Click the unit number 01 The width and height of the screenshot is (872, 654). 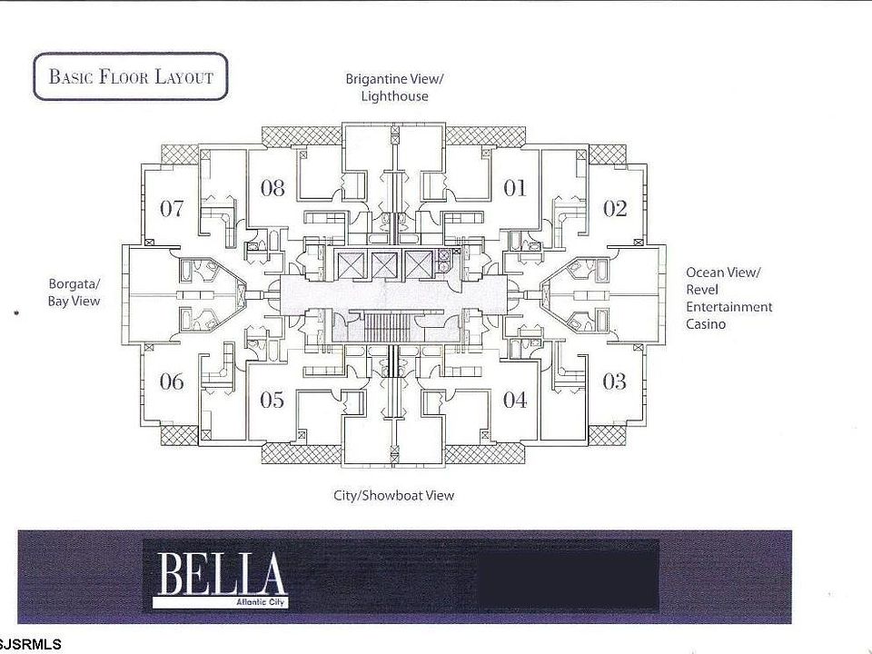point(515,188)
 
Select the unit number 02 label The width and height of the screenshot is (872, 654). point(615,208)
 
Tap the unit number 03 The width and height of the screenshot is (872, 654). point(615,381)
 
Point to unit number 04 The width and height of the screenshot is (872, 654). point(515,400)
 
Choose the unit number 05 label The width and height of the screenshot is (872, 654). point(272,400)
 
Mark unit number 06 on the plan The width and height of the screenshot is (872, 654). point(172,381)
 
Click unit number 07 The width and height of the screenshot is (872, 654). point(172,208)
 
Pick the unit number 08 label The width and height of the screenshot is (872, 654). point(272,188)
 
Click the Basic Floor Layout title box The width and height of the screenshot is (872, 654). point(130,76)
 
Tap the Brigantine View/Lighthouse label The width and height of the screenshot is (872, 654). point(393,87)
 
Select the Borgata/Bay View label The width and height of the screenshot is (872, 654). point(74,292)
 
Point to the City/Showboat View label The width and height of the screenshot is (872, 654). point(393,495)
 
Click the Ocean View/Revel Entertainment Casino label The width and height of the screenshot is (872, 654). point(728,298)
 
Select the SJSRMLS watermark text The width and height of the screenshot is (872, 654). point(32,644)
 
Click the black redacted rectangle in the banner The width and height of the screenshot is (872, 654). point(568,574)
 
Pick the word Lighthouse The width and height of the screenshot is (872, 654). point(393,96)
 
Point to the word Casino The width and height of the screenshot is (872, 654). point(706,324)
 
